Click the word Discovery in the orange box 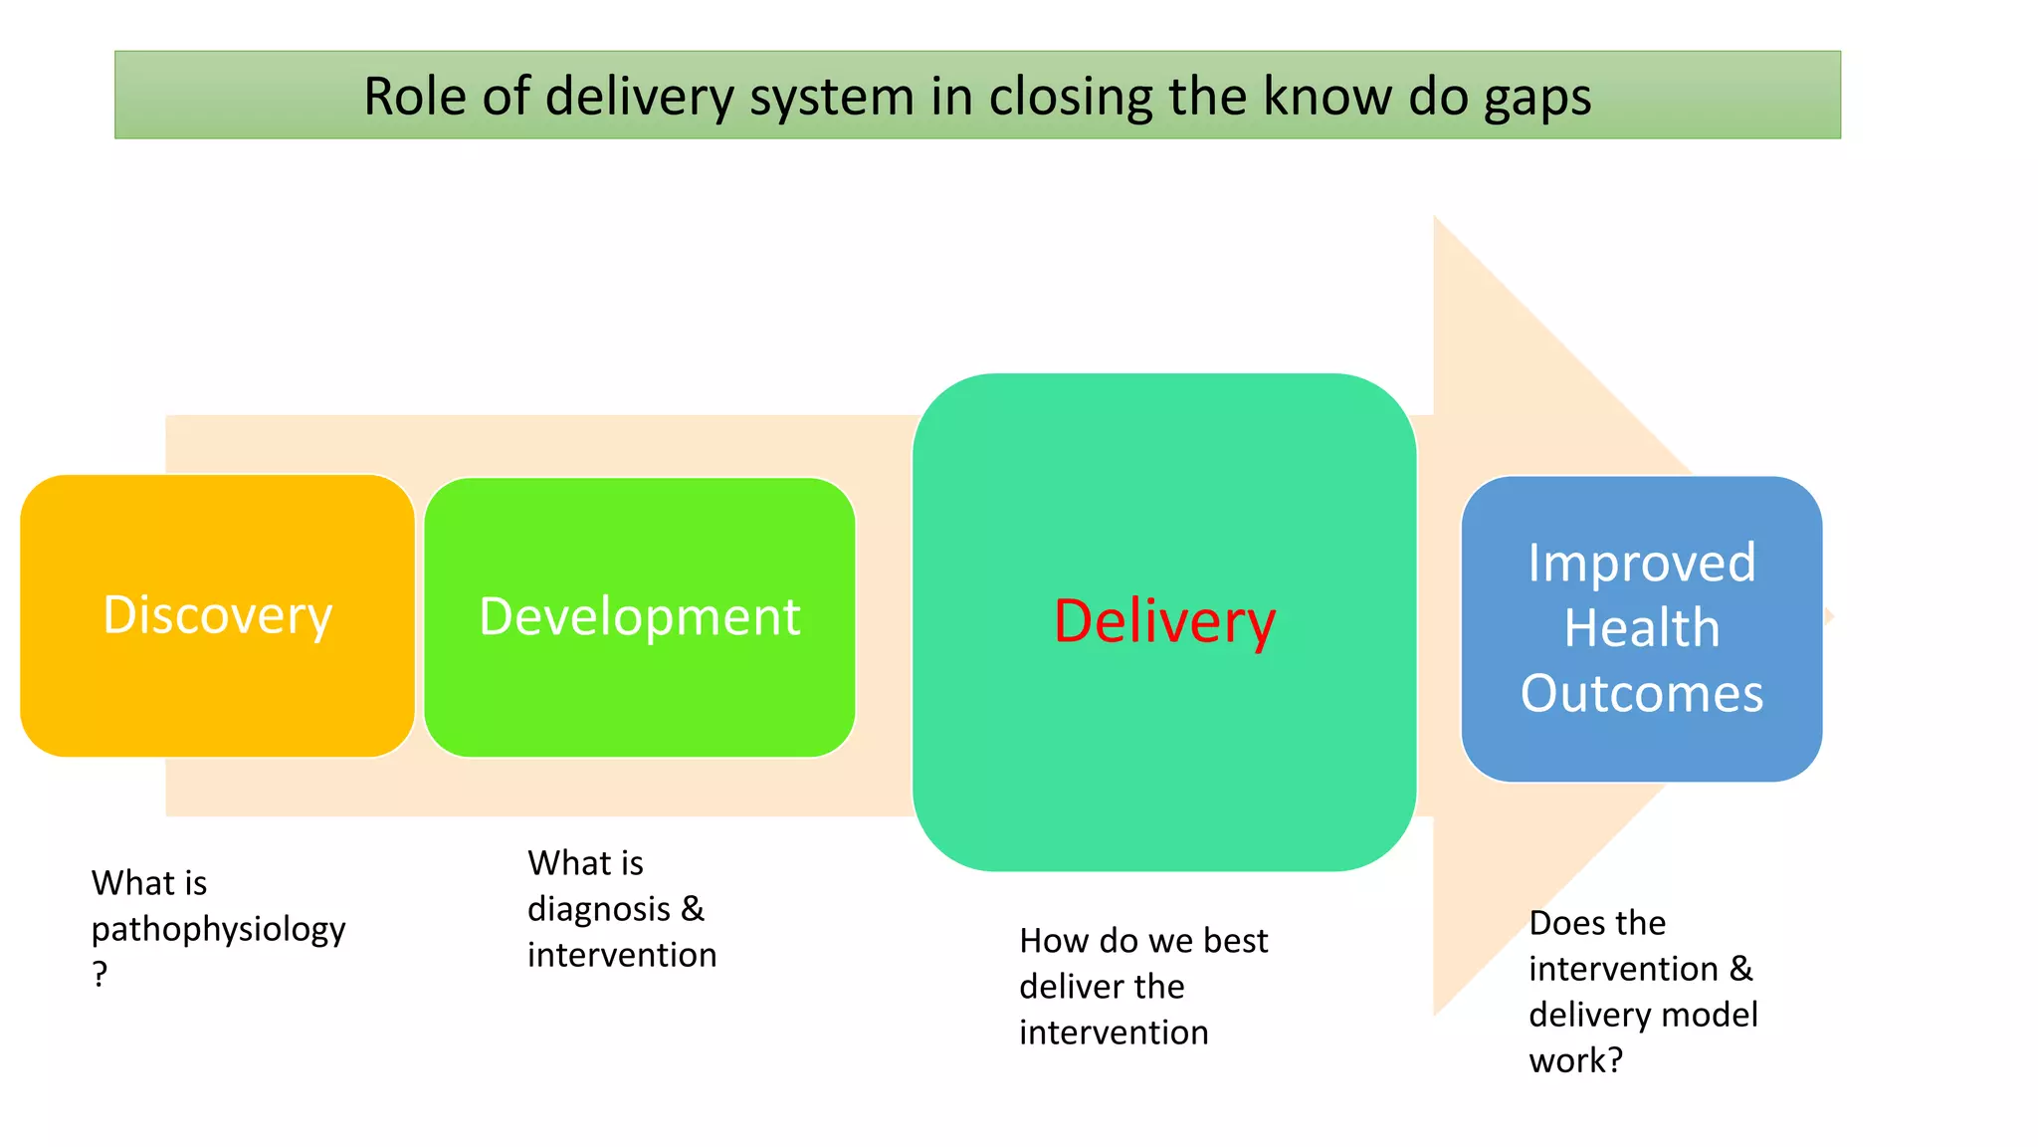pyautogui.click(x=217, y=615)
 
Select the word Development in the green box pyautogui.click(x=639, y=616)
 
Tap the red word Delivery pyautogui.click(x=1164, y=621)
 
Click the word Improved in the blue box pyautogui.click(x=1641, y=564)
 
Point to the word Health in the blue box pyautogui.click(x=1641, y=628)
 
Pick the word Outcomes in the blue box pyautogui.click(x=1641, y=693)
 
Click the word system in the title pyautogui.click(x=832, y=99)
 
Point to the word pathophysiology pyautogui.click(x=218, y=930)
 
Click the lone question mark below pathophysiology pyautogui.click(x=100, y=973)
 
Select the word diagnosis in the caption pyautogui.click(x=598, y=910)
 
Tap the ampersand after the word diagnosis pyautogui.click(x=693, y=908)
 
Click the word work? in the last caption pyautogui.click(x=1575, y=1060)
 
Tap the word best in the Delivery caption pyautogui.click(x=1235, y=941)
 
